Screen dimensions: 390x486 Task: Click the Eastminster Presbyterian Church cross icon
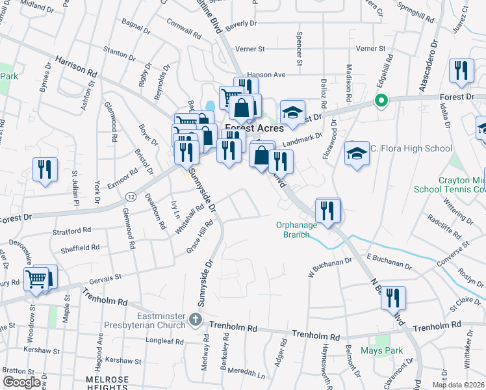pos(196,320)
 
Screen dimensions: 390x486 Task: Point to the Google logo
pos(21,382)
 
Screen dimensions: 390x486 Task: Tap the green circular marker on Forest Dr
pos(381,101)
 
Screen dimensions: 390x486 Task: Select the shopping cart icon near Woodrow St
pos(36,279)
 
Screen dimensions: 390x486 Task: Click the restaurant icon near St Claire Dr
pos(393,298)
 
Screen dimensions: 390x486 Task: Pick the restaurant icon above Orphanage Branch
pos(327,210)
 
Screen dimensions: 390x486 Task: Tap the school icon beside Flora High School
pos(357,153)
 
